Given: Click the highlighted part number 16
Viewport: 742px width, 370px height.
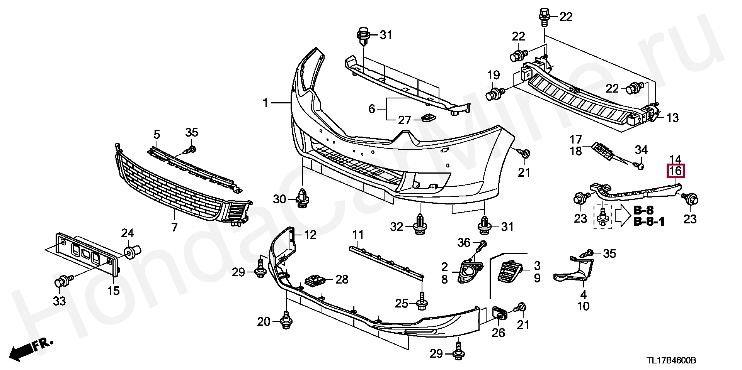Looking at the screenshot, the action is pyautogui.click(x=676, y=171).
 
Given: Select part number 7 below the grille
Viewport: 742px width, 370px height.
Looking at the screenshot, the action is pyautogui.click(x=174, y=227).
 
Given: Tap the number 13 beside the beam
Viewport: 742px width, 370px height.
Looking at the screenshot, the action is pyautogui.click(x=672, y=118).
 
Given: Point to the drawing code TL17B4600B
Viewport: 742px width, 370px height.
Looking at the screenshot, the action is pyautogui.click(x=672, y=360).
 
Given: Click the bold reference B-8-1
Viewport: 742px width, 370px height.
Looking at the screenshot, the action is pyautogui.click(x=649, y=222).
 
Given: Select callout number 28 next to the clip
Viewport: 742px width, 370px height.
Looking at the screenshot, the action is pyautogui.click(x=342, y=279).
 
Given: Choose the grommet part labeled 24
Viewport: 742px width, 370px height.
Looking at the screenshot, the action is pyautogui.click(x=133, y=251).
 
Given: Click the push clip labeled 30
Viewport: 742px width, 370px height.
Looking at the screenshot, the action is pyautogui.click(x=301, y=198).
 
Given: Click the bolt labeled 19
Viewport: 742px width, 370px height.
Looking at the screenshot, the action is pyautogui.click(x=497, y=94).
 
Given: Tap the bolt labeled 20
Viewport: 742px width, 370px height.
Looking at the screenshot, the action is pyautogui.click(x=286, y=321).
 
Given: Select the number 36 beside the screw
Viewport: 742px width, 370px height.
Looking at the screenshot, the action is pyautogui.click(x=464, y=243).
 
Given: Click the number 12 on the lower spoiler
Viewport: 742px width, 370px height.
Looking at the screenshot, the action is pyautogui.click(x=310, y=234).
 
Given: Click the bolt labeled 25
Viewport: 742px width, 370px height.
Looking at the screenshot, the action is pyautogui.click(x=421, y=302).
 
